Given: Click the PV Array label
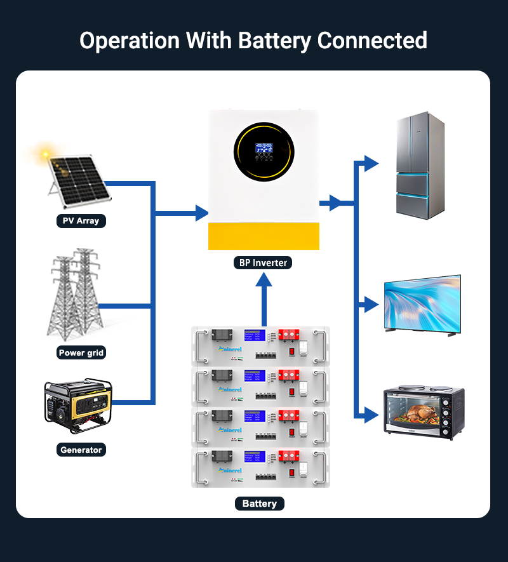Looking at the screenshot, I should (x=81, y=221).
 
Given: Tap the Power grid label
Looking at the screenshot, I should (x=81, y=352).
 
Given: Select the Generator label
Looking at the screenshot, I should (x=81, y=450).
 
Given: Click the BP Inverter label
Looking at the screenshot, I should (x=263, y=262).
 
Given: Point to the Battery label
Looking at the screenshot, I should (x=259, y=504).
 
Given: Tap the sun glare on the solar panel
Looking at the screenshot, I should (x=45, y=154).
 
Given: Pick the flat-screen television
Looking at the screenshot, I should (x=422, y=304).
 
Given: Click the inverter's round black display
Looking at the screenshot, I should (x=264, y=151).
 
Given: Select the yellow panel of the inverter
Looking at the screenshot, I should (x=264, y=236).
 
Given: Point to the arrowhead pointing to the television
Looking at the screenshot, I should (x=371, y=305).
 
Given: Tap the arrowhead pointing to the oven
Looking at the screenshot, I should (x=371, y=417).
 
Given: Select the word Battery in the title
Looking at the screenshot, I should (x=276, y=41).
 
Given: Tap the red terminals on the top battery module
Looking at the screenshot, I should (x=290, y=335).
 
